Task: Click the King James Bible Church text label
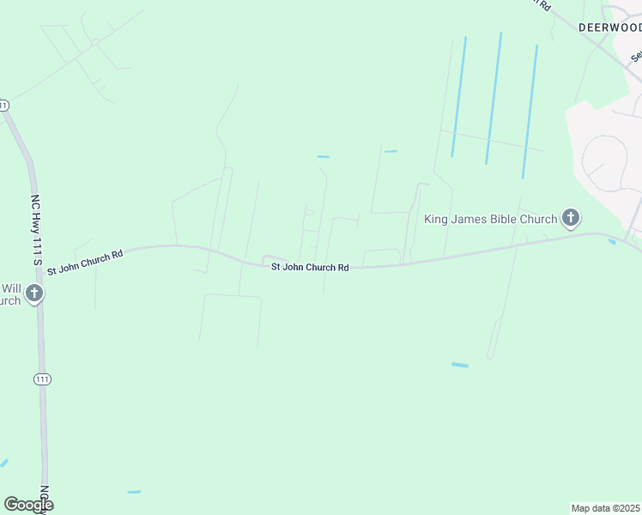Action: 491,220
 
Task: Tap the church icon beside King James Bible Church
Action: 570,218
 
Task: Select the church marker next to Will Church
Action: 34,294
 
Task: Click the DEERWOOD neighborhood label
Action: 609,27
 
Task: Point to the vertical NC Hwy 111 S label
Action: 36,223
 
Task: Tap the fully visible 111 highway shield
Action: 42,379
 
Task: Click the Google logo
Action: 27,505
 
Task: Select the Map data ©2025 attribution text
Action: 606,508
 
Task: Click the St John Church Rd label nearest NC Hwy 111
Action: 85,261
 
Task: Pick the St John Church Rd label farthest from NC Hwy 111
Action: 310,268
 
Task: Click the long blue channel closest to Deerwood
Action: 530,112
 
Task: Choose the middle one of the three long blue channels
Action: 494,98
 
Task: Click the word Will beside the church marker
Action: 10,288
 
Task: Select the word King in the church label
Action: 438,220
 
